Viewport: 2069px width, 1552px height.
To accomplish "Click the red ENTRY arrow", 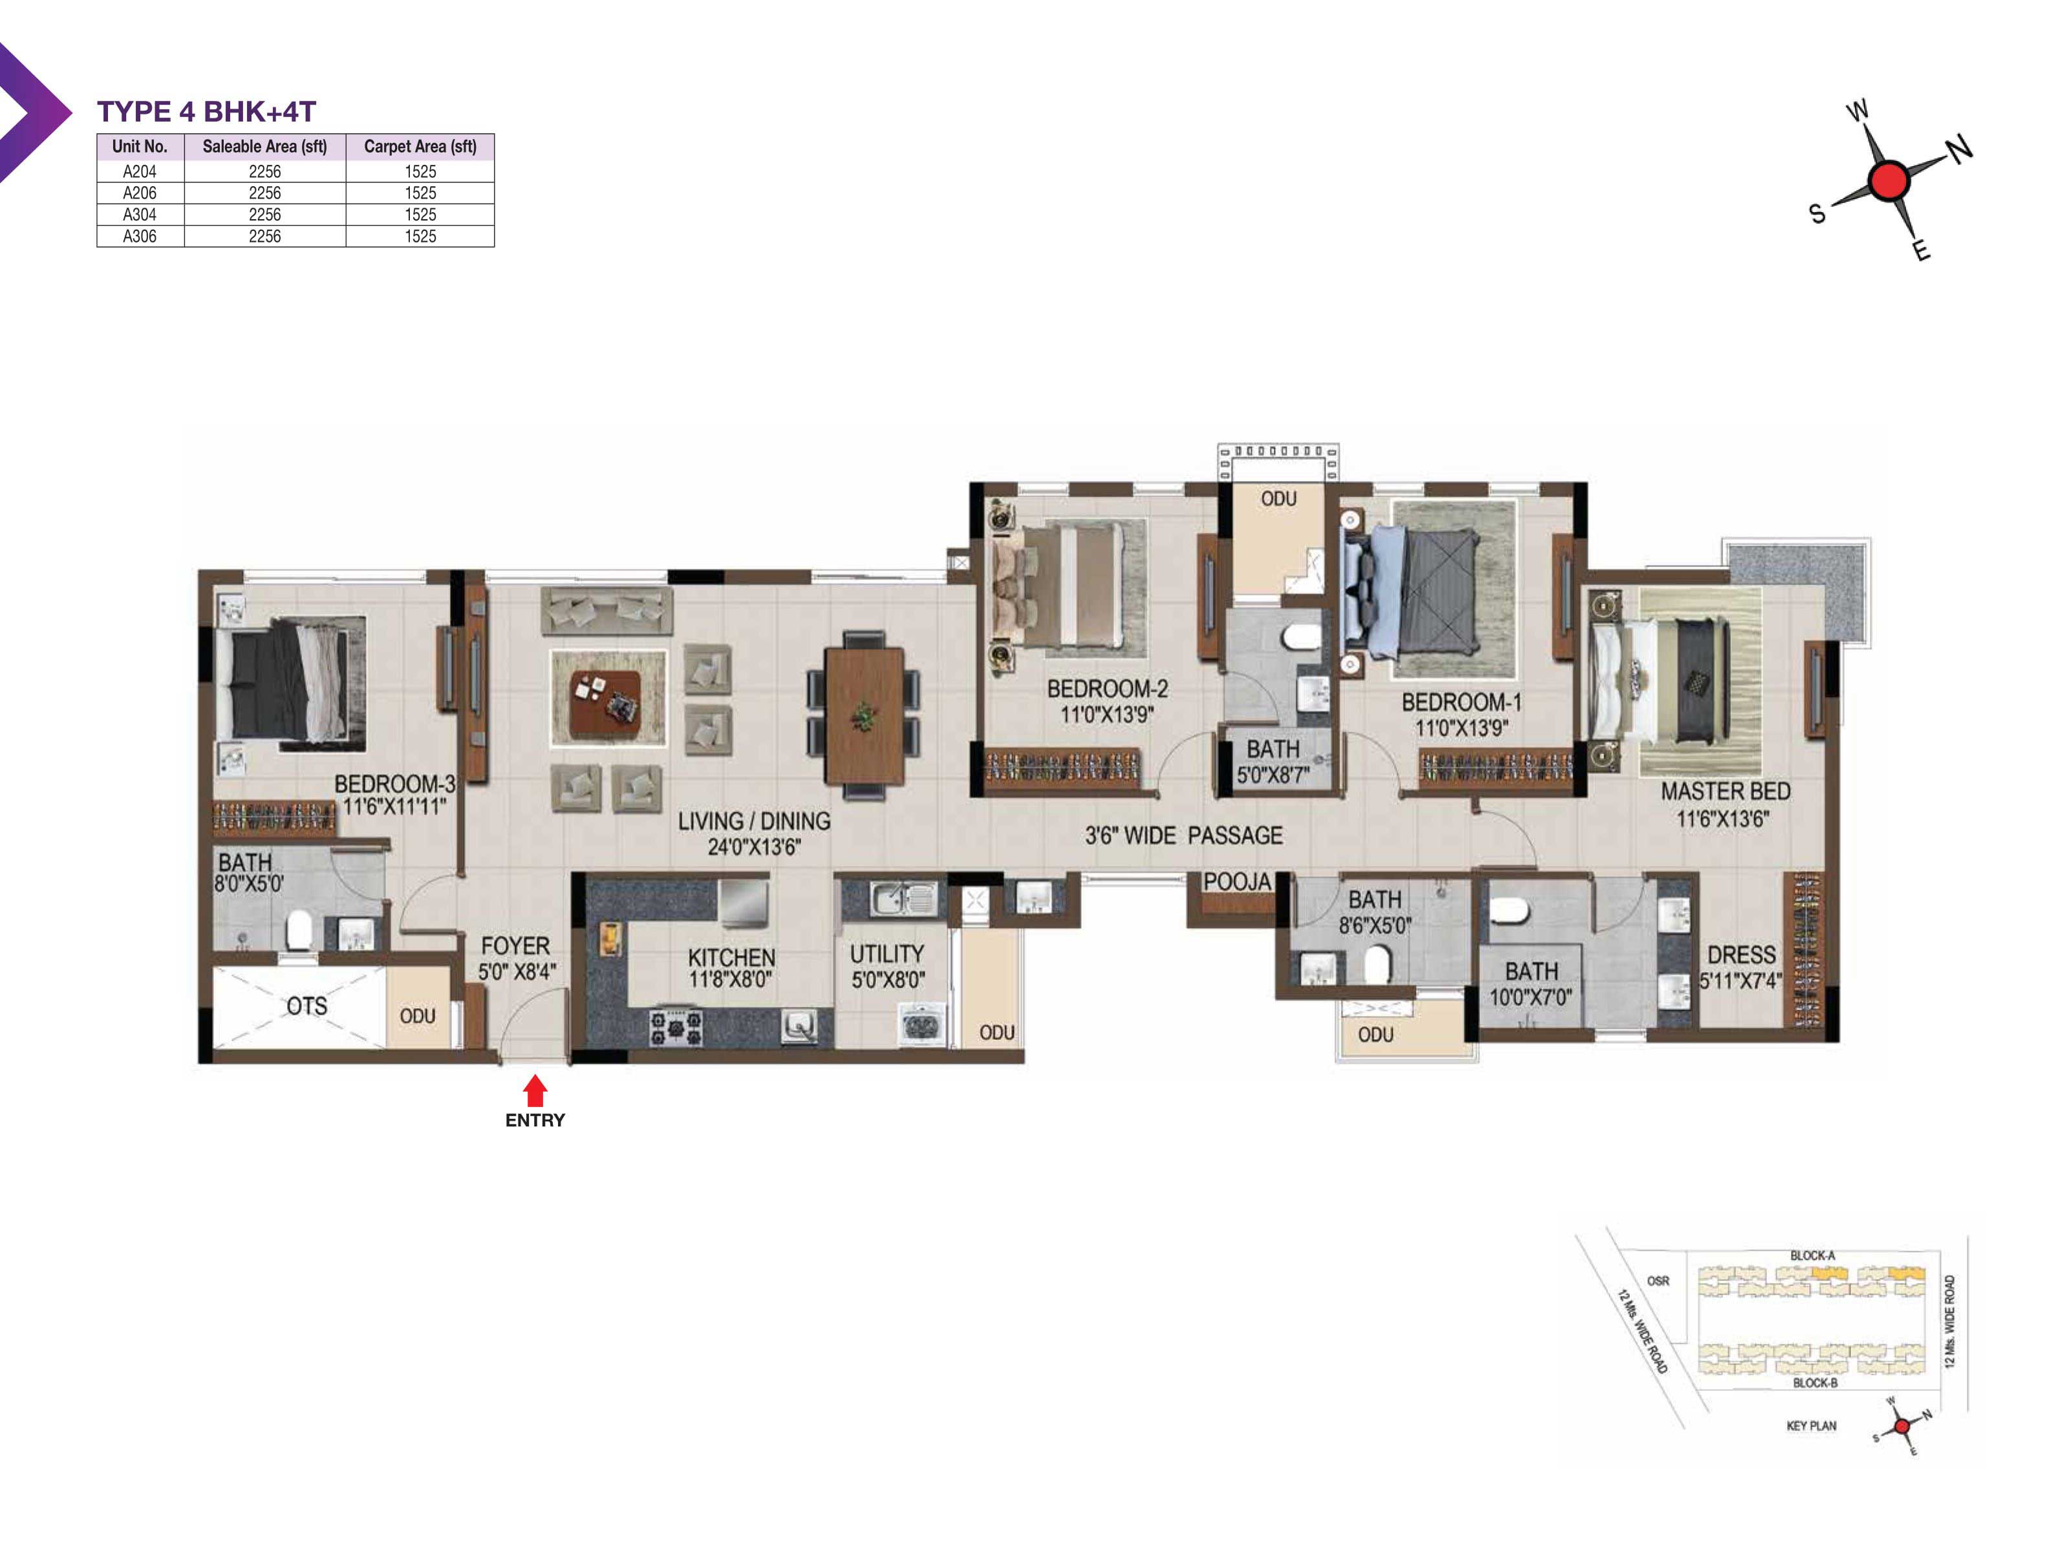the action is (x=534, y=1091).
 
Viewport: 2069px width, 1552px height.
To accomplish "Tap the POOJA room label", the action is (x=1236, y=881).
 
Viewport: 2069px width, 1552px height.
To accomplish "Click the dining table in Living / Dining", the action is (x=863, y=716).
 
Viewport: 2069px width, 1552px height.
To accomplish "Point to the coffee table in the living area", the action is (x=605, y=699).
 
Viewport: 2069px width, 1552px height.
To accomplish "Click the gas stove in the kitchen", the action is (x=675, y=1027).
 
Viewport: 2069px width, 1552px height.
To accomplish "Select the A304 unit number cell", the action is (x=140, y=214).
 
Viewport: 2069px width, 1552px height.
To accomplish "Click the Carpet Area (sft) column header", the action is (x=420, y=146).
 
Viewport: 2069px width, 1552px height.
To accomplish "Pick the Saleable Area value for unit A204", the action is (x=264, y=171).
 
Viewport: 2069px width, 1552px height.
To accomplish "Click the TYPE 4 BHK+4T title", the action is (x=207, y=111).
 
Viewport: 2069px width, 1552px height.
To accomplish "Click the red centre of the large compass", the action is (x=1887, y=180).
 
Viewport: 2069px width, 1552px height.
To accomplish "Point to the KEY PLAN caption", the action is (x=1811, y=1426).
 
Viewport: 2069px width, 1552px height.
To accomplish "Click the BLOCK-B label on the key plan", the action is (x=1815, y=1383).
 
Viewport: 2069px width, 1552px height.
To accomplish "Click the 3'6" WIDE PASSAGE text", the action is (x=1183, y=835).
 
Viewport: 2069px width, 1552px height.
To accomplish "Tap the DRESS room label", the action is (x=1741, y=955).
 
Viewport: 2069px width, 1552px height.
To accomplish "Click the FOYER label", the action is (x=515, y=946).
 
